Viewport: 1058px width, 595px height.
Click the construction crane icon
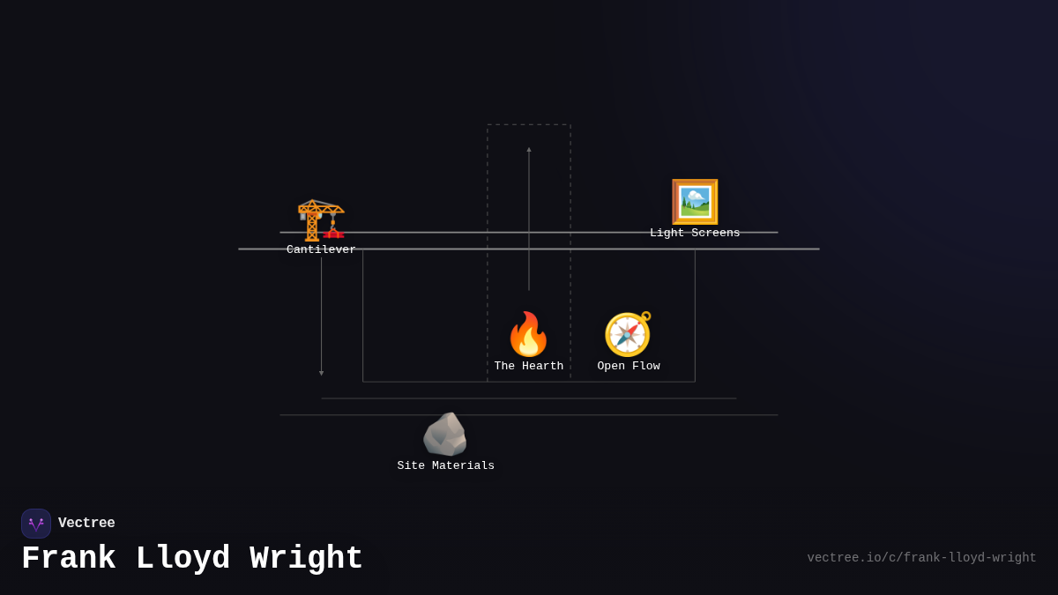(321, 219)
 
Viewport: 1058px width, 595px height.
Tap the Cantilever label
(321, 250)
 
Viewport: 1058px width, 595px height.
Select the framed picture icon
(695, 202)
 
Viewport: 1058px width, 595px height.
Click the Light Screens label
(695, 234)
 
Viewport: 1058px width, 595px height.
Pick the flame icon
(528, 335)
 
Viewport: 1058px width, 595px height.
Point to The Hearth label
(528, 367)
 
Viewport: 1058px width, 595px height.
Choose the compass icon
(628, 335)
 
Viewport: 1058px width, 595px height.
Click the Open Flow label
(628, 367)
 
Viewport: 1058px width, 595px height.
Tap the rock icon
(445, 435)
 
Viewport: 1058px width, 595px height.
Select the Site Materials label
(445, 466)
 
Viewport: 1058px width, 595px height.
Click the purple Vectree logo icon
(36, 524)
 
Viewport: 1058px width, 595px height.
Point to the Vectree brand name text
(86, 524)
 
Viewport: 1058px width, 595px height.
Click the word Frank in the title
(69, 559)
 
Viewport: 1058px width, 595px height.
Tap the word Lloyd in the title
(183, 559)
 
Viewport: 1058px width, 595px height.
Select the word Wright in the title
(306, 559)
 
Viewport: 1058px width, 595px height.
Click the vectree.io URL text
(921, 558)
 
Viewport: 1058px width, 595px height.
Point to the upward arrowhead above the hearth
(529, 150)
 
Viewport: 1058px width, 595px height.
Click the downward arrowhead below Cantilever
(321, 373)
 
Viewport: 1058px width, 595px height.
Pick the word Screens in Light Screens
(714, 234)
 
